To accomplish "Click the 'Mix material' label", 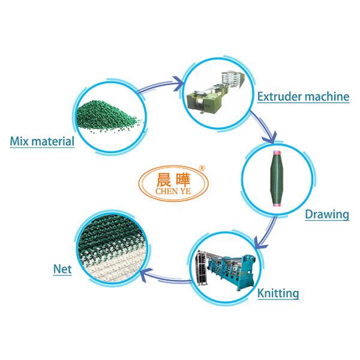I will pos(42,142).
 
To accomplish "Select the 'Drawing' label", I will pos(327,214).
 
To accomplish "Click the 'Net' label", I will pos(62,269).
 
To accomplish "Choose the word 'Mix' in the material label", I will pos(19,142).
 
